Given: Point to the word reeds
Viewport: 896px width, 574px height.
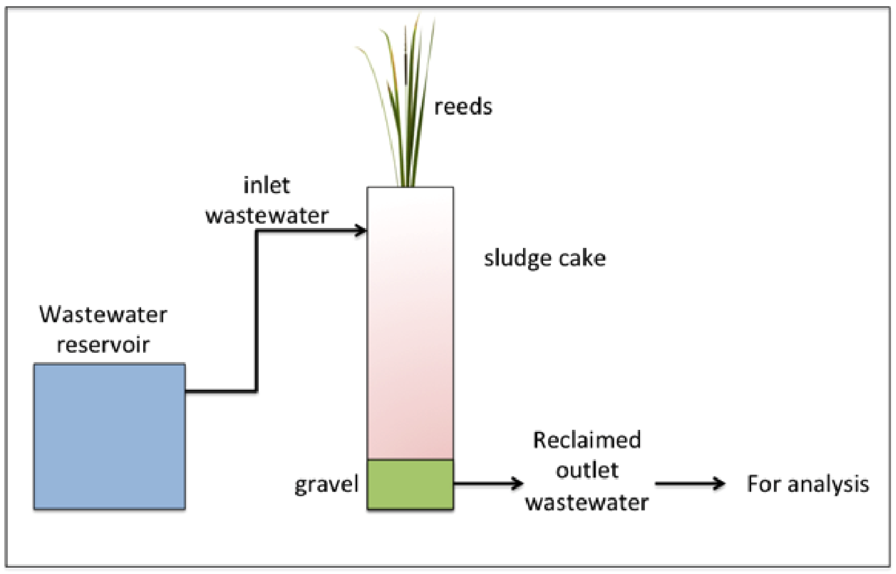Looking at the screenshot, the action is pyautogui.click(x=463, y=107).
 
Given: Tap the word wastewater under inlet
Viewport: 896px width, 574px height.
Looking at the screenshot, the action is pyautogui.click(x=267, y=216).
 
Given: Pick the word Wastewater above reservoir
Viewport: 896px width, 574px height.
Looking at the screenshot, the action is pyautogui.click(x=103, y=315).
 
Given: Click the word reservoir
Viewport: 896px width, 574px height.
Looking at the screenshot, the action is pyautogui.click(x=103, y=345).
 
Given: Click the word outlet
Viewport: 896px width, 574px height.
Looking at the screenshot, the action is pyautogui.click(x=587, y=470).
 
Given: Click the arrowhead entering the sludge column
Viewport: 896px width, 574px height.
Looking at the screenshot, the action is pyautogui.click(x=361, y=231).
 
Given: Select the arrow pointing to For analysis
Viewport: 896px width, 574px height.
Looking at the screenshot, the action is pyautogui.click(x=690, y=483).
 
